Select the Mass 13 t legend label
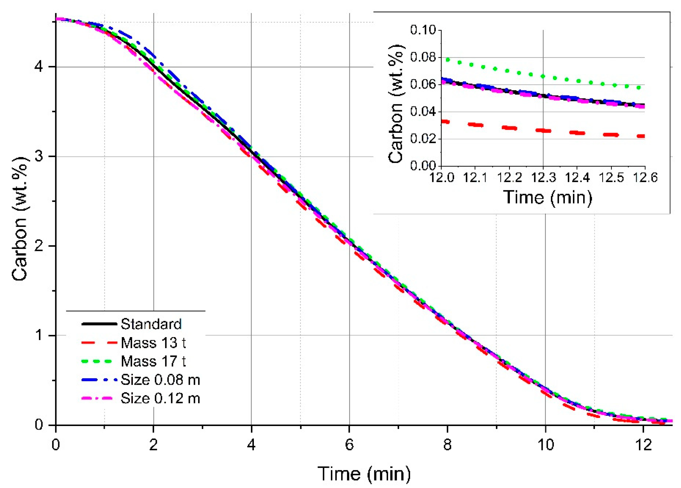tap(153, 343)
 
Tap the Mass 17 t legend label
tap(153, 361)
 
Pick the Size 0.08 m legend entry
tap(160, 380)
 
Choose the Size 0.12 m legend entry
tap(160, 399)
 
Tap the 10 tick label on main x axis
tap(545, 444)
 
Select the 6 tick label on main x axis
tap(349, 444)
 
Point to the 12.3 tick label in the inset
tap(543, 178)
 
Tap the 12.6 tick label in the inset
tap(645, 178)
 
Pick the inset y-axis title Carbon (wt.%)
tap(396, 103)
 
